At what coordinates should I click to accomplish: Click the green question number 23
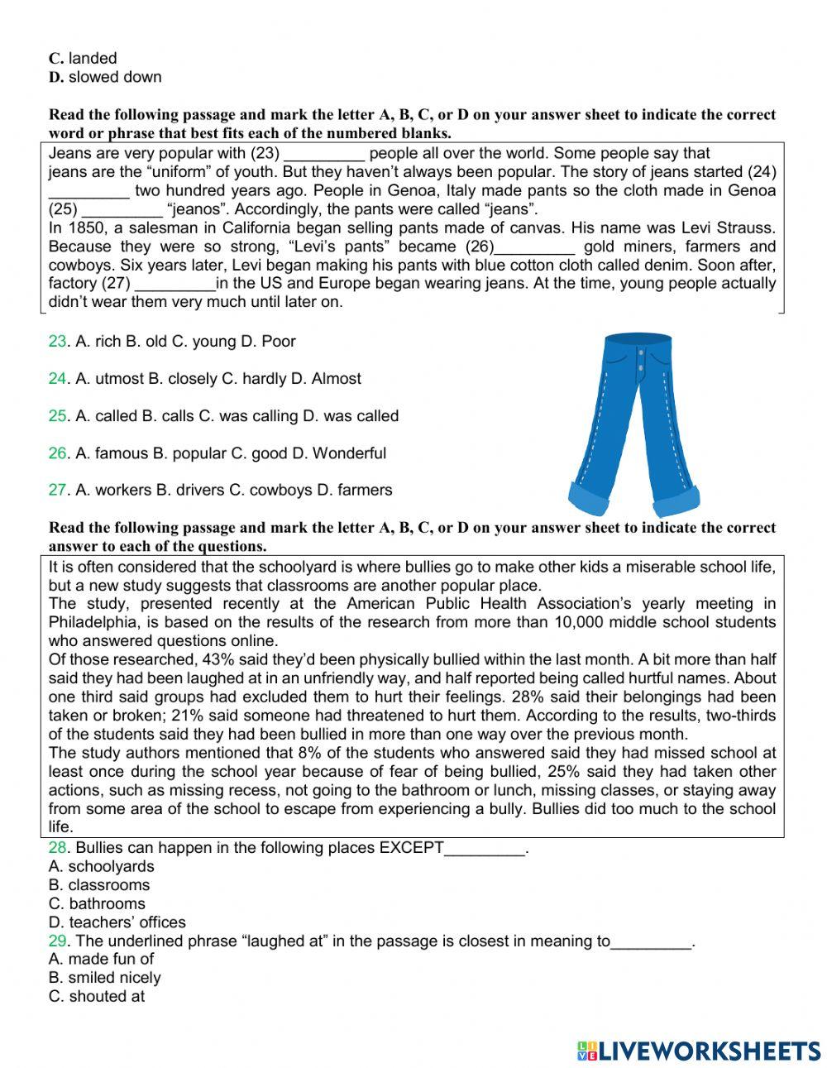point(57,342)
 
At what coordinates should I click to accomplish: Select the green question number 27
point(57,490)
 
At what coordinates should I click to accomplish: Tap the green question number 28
point(57,848)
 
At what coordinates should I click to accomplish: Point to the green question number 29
point(57,941)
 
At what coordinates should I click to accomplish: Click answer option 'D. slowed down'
point(105,77)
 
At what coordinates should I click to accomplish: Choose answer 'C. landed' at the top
point(83,59)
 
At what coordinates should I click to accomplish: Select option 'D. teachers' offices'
point(117,922)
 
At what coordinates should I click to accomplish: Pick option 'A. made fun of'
point(101,959)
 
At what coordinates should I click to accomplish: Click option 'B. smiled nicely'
point(104,978)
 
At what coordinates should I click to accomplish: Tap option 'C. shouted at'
point(96,996)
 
